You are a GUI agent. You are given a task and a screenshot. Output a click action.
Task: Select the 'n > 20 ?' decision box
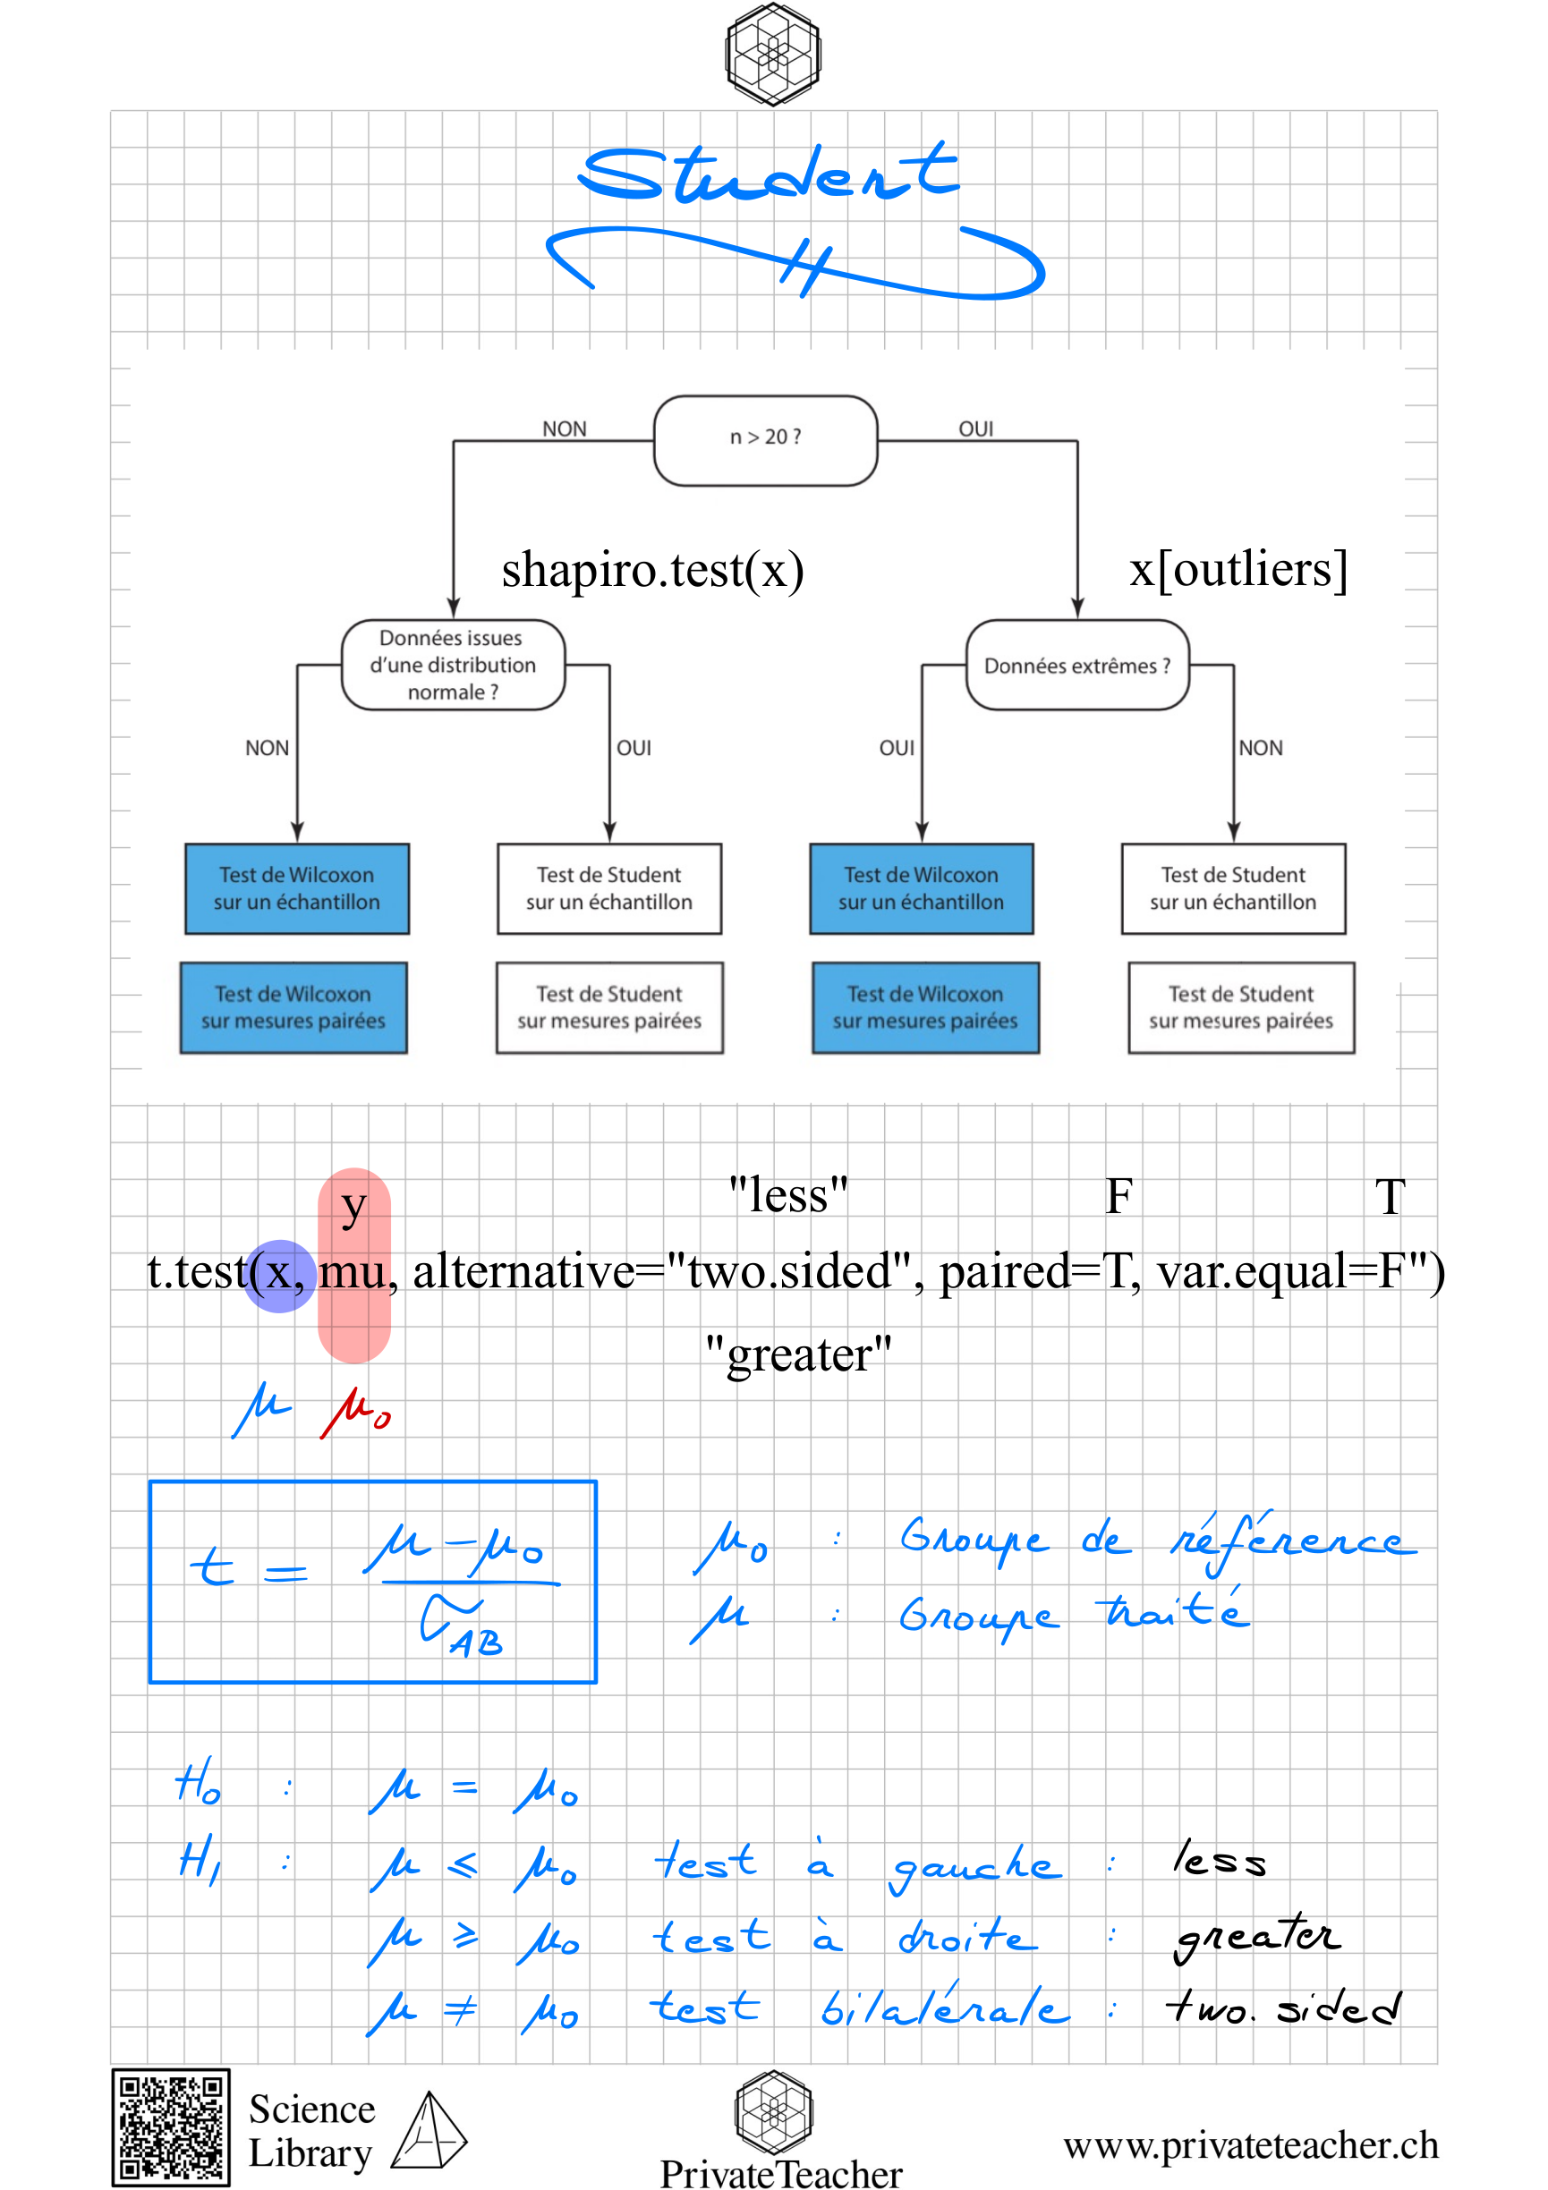(765, 441)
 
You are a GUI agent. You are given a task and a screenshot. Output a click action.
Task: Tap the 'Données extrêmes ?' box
(1076, 665)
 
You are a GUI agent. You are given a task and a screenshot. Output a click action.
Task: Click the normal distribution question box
(453, 665)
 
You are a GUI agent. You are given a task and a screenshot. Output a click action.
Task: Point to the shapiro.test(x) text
(652, 570)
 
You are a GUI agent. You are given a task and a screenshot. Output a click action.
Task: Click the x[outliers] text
(1238, 570)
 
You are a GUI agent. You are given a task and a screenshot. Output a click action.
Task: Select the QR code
(171, 2126)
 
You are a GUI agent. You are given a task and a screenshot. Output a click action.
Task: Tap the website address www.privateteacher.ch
(1250, 2145)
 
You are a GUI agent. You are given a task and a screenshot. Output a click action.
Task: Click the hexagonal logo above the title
(772, 54)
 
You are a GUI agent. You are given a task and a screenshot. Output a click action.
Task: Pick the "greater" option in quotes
(798, 1354)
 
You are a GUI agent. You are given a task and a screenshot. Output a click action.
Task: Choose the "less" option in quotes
(787, 1195)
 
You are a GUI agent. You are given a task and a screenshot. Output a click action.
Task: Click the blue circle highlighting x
(279, 1277)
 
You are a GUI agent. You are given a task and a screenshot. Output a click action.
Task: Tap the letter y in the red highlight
(353, 1208)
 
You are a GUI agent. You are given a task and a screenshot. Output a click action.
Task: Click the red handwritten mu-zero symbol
(356, 1412)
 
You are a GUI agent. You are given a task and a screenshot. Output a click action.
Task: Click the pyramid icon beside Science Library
(430, 2130)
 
